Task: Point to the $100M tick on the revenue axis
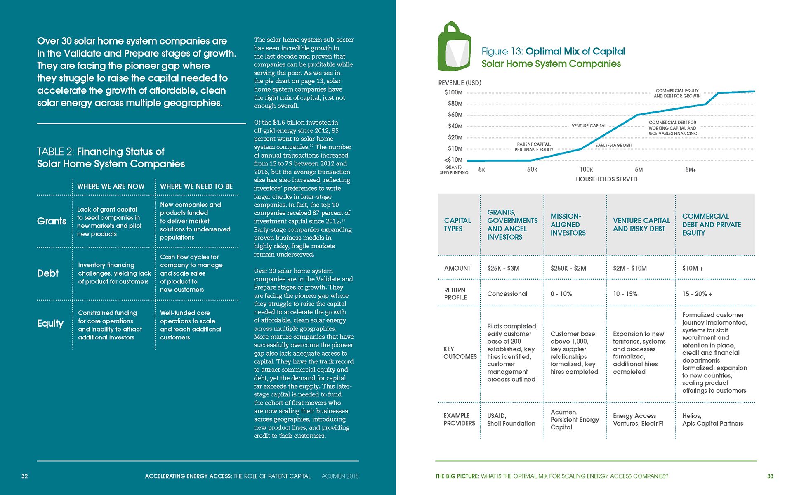click(453, 92)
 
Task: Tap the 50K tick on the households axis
click(532, 170)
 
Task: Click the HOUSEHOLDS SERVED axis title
click(606, 179)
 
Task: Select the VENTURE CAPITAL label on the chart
click(589, 126)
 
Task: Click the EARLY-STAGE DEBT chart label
click(614, 145)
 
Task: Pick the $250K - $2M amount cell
click(568, 268)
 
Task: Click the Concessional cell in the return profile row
click(507, 294)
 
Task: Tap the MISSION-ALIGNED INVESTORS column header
click(568, 224)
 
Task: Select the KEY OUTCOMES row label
click(460, 353)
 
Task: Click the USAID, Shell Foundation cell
click(511, 420)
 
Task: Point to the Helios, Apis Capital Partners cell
click(712, 420)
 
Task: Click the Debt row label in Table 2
click(48, 273)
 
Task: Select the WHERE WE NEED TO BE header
click(196, 186)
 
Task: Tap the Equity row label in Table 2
click(50, 323)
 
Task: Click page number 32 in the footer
click(25, 476)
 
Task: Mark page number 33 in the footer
click(770, 476)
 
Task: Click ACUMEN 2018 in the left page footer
click(340, 476)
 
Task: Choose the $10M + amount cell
click(693, 268)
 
